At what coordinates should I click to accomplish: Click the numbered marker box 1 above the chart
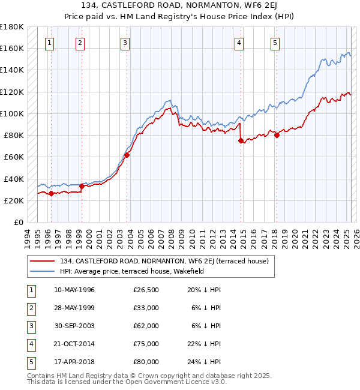pos(49,43)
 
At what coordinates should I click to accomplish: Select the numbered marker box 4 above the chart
pos(239,43)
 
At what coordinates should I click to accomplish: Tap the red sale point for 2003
pos(127,155)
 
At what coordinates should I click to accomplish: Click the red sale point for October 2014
pos(241,140)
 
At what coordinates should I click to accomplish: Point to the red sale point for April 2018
pos(277,135)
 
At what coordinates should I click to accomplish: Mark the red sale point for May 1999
pos(82,186)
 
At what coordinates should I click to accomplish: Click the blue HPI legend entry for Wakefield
pos(132,271)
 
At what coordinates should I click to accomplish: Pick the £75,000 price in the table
pos(146,344)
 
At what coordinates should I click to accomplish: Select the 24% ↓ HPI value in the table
pos(203,362)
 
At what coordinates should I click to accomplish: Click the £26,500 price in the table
pos(146,290)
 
